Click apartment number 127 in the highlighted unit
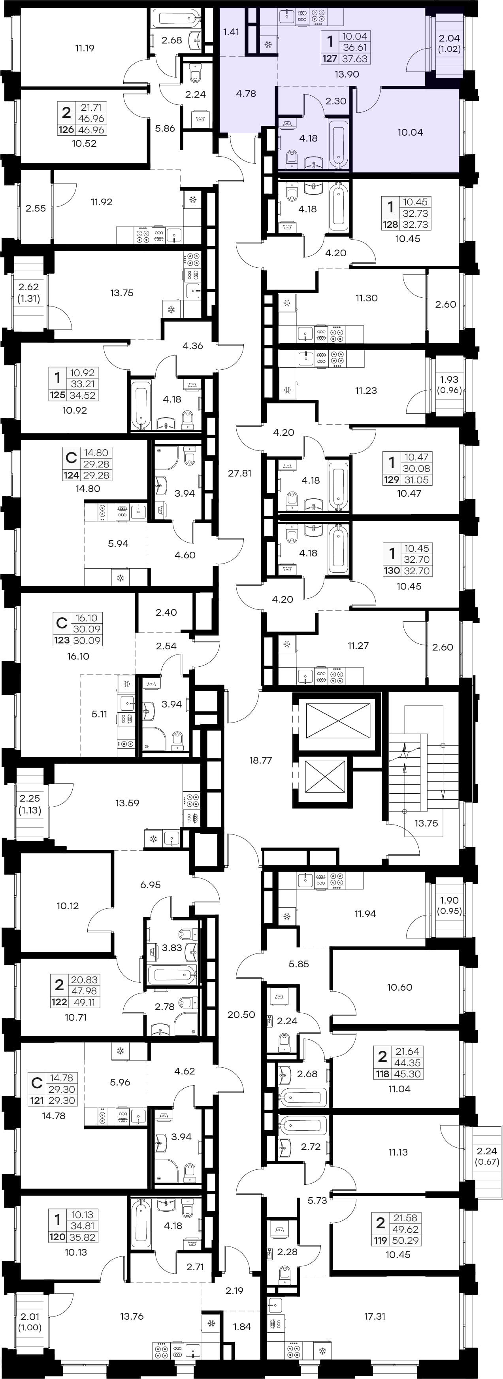330,59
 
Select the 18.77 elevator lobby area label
261,760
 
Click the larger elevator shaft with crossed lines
338,722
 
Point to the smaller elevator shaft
325,777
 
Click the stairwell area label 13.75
426,823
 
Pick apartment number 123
62,640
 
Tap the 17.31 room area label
375,1317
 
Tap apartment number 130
392,571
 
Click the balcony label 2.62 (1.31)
29,293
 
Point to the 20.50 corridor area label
241,1014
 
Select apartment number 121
37,1101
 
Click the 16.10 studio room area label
78,656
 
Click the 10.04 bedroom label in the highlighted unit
410,132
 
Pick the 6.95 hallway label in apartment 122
151,885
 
